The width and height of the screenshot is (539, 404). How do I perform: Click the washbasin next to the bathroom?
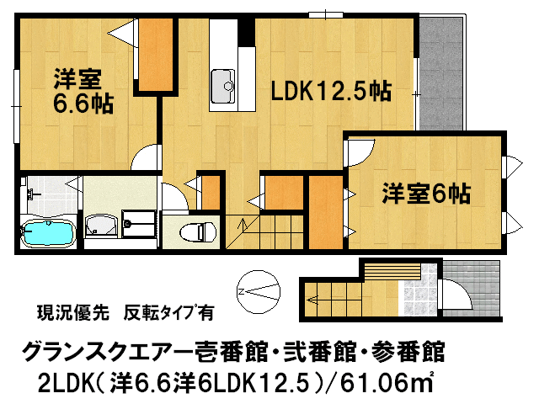point(104,225)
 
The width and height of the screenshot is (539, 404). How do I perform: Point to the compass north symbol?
point(258,291)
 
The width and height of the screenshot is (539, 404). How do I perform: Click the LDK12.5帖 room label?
point(329,91)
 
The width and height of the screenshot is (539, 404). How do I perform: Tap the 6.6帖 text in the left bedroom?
point(83,104)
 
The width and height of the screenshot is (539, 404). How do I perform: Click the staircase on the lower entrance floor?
point(333,295)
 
